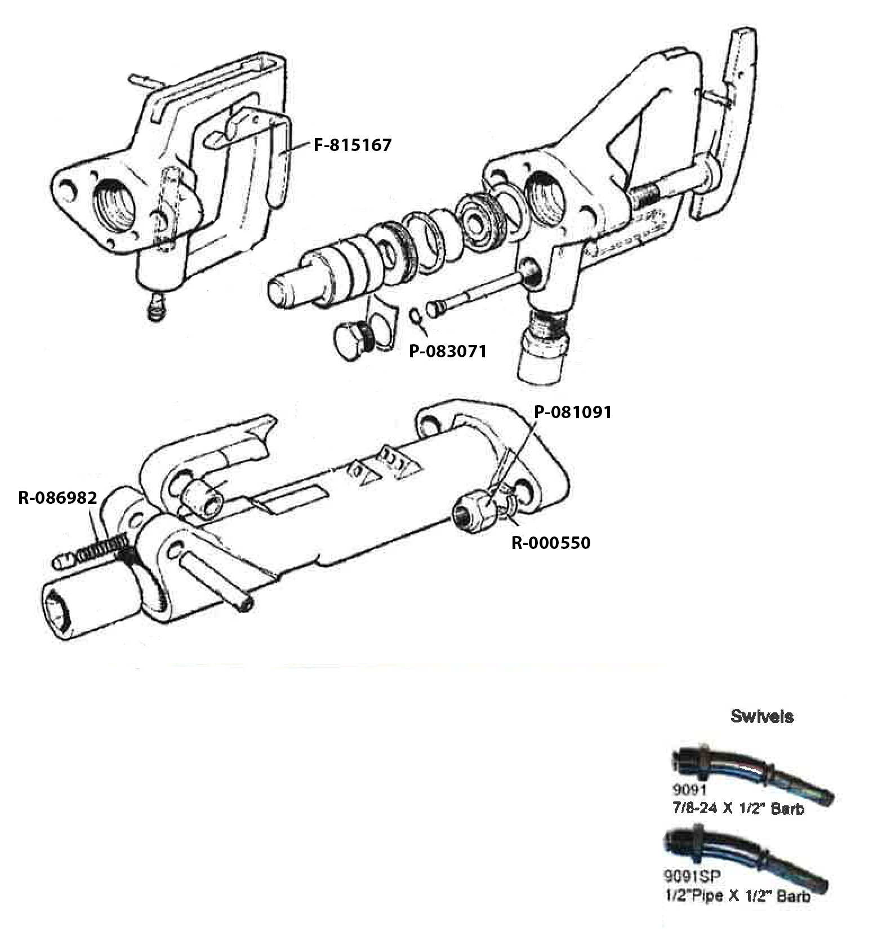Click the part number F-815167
[x=352, y=145]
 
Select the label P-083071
[x=447, y=351]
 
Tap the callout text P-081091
[x=572, y=412]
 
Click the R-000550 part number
[x=551, y=543]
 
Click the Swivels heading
[x=761, y=716]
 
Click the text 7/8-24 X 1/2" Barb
[x=738, y=809]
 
